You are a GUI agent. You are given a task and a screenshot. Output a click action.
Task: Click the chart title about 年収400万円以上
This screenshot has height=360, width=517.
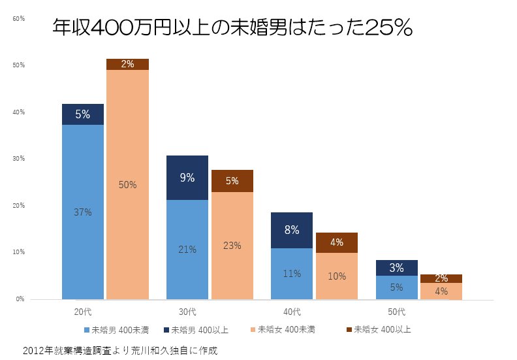(x=232, y=27)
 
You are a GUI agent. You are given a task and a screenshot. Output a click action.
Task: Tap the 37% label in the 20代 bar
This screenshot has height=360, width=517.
(x=83, y=212)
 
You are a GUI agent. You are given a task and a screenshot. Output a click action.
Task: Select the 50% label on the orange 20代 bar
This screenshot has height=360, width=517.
(x=128, y=185)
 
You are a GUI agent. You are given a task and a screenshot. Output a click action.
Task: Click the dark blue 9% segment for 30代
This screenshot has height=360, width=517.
(x=187, y=177)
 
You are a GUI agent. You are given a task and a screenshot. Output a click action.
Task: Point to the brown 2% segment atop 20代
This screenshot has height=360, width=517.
(x=128, y=64)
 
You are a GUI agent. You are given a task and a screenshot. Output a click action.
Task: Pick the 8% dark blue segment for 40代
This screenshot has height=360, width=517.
(x=292, y=230)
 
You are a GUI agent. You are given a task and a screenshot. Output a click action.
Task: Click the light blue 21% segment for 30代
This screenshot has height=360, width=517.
(x=187, y=249)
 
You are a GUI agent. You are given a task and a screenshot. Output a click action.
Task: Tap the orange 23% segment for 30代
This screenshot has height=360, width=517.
(x=232, y=246)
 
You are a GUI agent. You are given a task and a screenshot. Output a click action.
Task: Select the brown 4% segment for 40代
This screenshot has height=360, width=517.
(x=337, y=242)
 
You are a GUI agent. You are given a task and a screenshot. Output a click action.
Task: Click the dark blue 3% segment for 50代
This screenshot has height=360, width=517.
(x=396, y=268)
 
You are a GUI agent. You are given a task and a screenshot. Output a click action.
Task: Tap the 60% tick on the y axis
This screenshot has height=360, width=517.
(x=18, y=18)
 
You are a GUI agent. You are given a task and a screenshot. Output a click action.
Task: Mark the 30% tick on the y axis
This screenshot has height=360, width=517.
(x=18, y=159)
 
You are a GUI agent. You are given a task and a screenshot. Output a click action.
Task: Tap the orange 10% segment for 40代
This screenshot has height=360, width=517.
(x=337, y=276)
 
